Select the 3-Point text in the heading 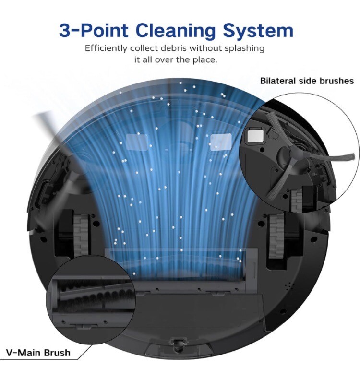[x=94, y=30]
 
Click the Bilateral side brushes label [x=307, y=81]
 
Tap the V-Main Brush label [x=38, y=353]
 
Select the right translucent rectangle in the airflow [x=221, y=141]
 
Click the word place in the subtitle [x=204, y=60]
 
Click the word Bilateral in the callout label [x=277, y=81]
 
